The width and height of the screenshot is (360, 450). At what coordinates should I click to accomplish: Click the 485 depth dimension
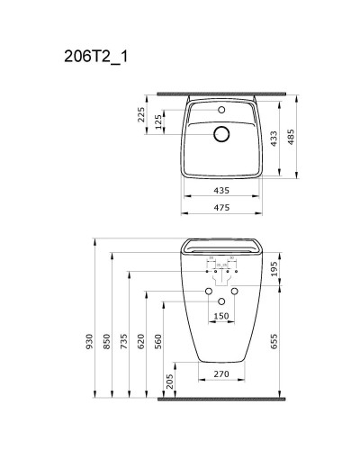(x=291, y=135)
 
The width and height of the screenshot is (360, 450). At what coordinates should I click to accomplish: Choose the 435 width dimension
(x=222, y=191)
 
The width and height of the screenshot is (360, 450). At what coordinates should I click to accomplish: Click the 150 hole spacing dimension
(x=221, y=316)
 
